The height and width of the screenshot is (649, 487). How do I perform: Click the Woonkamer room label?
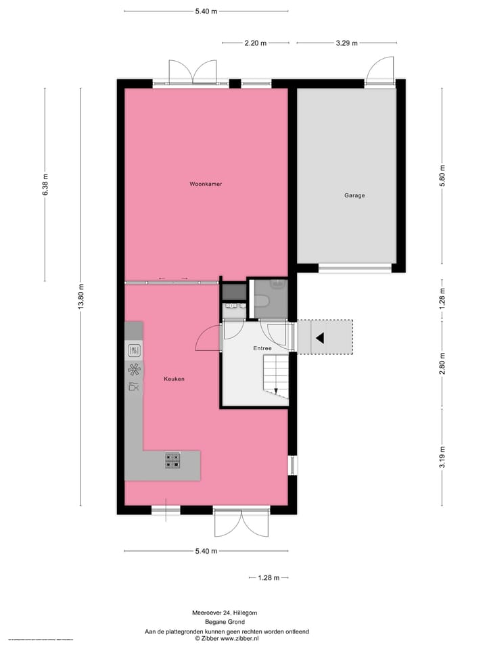pos(206,184)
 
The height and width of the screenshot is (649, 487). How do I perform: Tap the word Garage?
pos(354,195)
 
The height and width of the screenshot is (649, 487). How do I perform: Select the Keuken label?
pos(174,379)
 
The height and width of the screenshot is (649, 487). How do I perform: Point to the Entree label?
pos(262,348)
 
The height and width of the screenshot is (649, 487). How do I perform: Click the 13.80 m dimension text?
pos(80,295)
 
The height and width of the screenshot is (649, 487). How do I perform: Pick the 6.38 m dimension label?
pos(45,185)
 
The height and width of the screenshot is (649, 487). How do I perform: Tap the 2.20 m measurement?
pos(255,43)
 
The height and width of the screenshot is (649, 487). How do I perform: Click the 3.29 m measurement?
pos(346,43)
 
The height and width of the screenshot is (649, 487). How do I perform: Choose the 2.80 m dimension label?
pos(442,364)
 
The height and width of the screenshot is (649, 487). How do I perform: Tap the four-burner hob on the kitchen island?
pos(172,460)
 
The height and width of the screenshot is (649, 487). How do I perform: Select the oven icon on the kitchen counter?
pos(134,350)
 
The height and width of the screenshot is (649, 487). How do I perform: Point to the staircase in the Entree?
pos(276,375)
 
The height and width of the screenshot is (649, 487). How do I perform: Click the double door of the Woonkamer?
pos(193,72)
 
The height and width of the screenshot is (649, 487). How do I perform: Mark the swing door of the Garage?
pos(380,71)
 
